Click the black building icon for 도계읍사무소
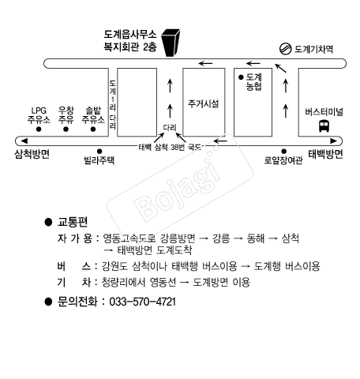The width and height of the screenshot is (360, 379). (x=171, y=43)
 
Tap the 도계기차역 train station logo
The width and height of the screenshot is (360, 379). (x=285, y=49)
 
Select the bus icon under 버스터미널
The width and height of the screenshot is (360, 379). (x=324, y=126)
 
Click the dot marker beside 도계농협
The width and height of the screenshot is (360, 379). (x=241, y=77)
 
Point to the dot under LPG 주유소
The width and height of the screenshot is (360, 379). (x=39, y=129)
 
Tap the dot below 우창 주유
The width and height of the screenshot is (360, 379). (x=66, y=129)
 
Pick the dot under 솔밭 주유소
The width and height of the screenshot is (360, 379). (x=93, y=129)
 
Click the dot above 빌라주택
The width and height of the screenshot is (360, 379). (x=99, y=151)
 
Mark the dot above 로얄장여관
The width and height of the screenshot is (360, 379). (x=283, y=151)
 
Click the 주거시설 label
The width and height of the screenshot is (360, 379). (x=203, y=103)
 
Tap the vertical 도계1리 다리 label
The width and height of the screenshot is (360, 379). (x=113, y=104)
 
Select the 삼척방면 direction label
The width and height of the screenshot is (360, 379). (x=32, y=154)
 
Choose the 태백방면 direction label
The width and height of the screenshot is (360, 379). (x=325, y=154)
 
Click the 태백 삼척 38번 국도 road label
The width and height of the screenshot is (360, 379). (x=171, y=147)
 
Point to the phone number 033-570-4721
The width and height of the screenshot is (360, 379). (x=142, y=302)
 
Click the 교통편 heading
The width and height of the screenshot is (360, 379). (x=73, y=222)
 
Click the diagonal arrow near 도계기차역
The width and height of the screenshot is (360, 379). (x=280, y=68)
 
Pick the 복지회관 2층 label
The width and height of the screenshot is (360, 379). (x=130, y=47)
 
